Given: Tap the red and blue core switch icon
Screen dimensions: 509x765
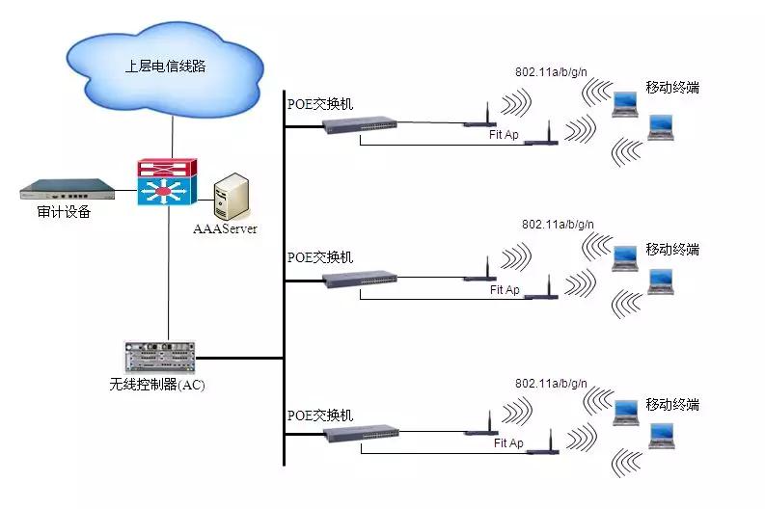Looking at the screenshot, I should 166,182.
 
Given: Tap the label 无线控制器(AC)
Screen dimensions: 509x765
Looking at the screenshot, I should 157,385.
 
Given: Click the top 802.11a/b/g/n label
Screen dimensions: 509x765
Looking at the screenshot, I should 552,72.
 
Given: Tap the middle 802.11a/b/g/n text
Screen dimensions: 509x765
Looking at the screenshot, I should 558,225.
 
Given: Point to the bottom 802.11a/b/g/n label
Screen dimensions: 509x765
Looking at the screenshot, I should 551,383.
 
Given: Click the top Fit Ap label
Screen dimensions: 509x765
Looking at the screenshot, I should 504,135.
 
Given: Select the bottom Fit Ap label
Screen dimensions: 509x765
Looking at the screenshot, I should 508,443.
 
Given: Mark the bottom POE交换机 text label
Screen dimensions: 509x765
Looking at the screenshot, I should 320,415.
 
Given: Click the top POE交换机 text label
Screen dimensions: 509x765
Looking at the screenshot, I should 320,104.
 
